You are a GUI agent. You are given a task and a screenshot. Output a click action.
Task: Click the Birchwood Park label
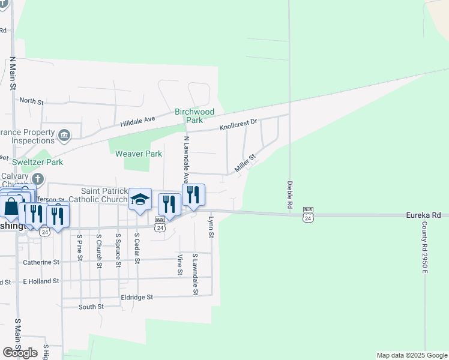pos(194,116)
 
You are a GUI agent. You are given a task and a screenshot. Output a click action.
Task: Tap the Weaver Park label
pos(139,154)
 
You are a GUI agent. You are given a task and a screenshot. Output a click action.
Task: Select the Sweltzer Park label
pos(37,162)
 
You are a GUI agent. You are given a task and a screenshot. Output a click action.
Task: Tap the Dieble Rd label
pos(289,195)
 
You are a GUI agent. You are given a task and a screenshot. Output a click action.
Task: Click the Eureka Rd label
pos(423,215)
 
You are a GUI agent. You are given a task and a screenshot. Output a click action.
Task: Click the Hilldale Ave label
pos(137,121)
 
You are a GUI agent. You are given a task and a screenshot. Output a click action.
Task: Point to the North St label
pos(32,101)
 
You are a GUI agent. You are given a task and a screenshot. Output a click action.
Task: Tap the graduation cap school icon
pos(139,199)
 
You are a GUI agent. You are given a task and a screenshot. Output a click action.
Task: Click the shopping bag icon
pos(11,207)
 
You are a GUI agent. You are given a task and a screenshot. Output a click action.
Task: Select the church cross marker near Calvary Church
pos(38,179)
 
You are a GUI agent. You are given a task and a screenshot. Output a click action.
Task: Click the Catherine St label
pos(41,262)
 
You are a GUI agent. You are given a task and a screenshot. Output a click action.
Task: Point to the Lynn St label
pos(211,227)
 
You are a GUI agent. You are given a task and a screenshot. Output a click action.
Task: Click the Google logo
pos(20,353)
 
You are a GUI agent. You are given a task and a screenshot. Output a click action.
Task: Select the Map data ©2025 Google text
pos(412,355)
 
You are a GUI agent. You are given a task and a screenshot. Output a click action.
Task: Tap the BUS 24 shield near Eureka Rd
pos(308,214)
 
